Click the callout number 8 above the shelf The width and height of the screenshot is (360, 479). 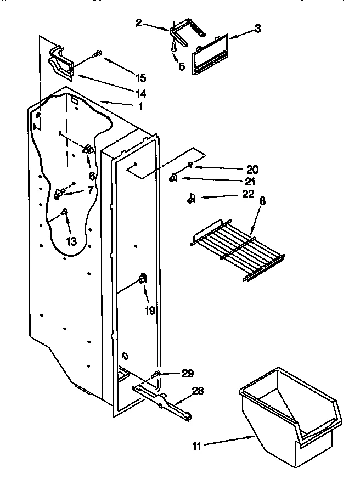click(262, 201)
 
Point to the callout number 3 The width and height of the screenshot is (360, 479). click(257, 29)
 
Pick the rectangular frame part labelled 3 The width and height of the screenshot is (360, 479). click(211, 55)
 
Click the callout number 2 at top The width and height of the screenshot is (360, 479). click(139, 22)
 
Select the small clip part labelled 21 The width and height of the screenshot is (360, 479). click(173, 178)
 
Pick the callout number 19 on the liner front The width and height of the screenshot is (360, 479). click(150, 311)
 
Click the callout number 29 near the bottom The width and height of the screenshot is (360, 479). click(188, 373)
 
